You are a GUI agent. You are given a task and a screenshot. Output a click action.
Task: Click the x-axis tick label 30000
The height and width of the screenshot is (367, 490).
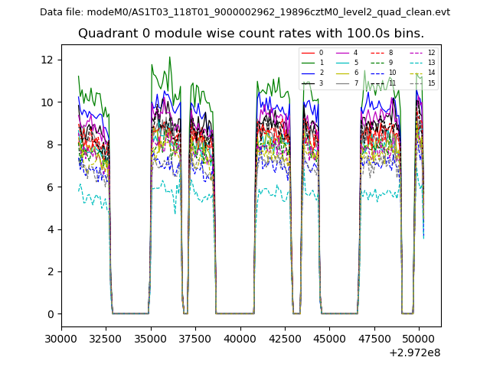click(x=61, y=338)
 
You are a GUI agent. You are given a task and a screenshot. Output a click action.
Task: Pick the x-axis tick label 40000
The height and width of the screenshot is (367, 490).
click(x=240, y=338)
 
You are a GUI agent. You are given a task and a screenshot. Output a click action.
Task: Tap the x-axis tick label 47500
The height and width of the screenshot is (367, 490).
click(x=374, y=338)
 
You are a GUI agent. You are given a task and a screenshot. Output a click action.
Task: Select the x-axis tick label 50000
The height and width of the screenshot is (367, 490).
click(x=420, y=338)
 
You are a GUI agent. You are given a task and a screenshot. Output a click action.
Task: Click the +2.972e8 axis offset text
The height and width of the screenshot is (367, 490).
click(x=415, y=352)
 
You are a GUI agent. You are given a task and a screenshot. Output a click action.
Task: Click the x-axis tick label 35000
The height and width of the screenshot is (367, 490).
click(x=151, y=338)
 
